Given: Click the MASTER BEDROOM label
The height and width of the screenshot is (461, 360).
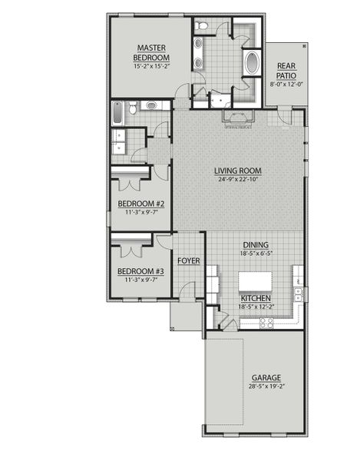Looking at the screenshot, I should [151, 52].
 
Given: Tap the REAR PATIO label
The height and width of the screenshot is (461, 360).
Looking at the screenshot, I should [286, 71].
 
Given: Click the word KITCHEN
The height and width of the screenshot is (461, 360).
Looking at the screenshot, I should [256, 297].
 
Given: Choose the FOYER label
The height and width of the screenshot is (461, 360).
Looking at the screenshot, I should [188, 261].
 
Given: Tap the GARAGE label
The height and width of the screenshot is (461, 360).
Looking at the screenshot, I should [266, 377].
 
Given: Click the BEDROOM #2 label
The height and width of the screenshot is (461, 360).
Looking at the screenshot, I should [140, 204].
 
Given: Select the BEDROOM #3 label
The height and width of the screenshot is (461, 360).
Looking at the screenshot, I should [140, 271].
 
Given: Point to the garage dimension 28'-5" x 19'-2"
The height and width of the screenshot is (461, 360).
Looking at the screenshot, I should [266, 387].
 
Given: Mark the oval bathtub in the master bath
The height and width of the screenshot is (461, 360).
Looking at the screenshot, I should [252, 62].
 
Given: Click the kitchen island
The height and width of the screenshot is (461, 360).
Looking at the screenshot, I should [256, 280].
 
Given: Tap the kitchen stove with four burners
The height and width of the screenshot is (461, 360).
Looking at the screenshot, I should [268, 323].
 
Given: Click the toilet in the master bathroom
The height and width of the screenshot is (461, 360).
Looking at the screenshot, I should [201, 27].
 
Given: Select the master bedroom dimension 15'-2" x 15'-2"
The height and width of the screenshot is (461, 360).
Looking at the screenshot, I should [151, 67].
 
